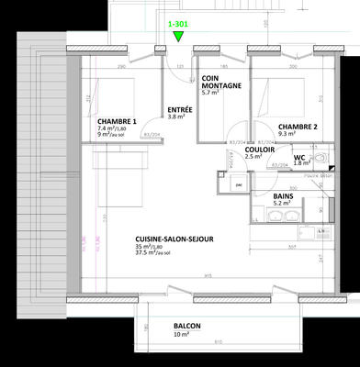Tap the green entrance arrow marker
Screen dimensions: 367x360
[x=177, y=38]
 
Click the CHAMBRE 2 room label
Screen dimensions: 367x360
[x=298, y=127]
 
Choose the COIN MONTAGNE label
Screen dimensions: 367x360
[x=221, y=83]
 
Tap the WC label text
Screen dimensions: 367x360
[x=298, y=156]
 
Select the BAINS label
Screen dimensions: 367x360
[x=284, y=196]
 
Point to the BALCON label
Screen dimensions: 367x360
[x=187, y=326]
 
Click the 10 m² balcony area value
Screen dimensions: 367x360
[x=182, y=335]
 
